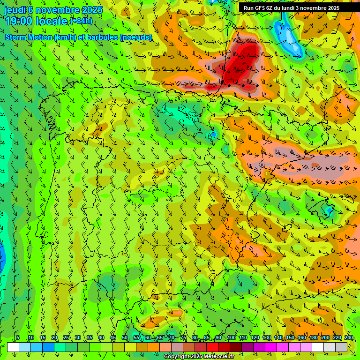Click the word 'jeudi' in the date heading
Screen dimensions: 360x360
tap(15, 9)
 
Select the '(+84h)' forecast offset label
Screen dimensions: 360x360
tap(81, 21)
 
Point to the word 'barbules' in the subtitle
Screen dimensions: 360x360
tap(103, 37)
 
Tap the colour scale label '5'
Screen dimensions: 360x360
tap(18, 337)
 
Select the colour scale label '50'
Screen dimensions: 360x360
tap(125, 337)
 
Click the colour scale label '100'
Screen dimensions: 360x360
tap(231, 337)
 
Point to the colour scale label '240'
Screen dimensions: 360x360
tap(349, 337)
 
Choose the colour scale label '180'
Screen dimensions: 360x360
tap(313, 337)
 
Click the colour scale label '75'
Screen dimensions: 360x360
tap(183, 337)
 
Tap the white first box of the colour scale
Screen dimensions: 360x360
tap(13, 347)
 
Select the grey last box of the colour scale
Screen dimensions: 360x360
tap(341, 347)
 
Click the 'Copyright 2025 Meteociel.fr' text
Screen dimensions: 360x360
tap(199, 356)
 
